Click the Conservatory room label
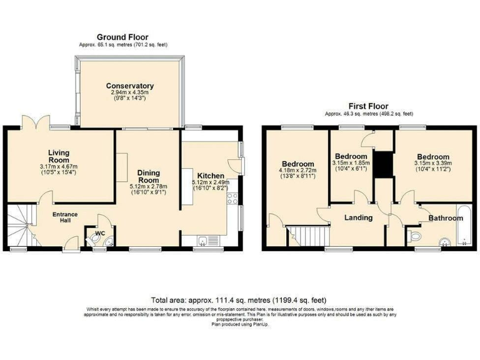pyautogui.click(x=129, y=86)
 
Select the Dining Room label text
pyautogui.click(x=149, y=177)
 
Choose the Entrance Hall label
pyautogui.click(x=65, y=219)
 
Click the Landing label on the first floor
pyautogui.click(x=358, y=218)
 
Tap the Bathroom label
pyautogui.click(x=445, y=218)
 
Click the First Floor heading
pyautogui.click(x=369, y=107)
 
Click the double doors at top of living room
pyautogui.click(x=34, y=122)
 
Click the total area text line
pyautogui.click(x=239, y=299)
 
